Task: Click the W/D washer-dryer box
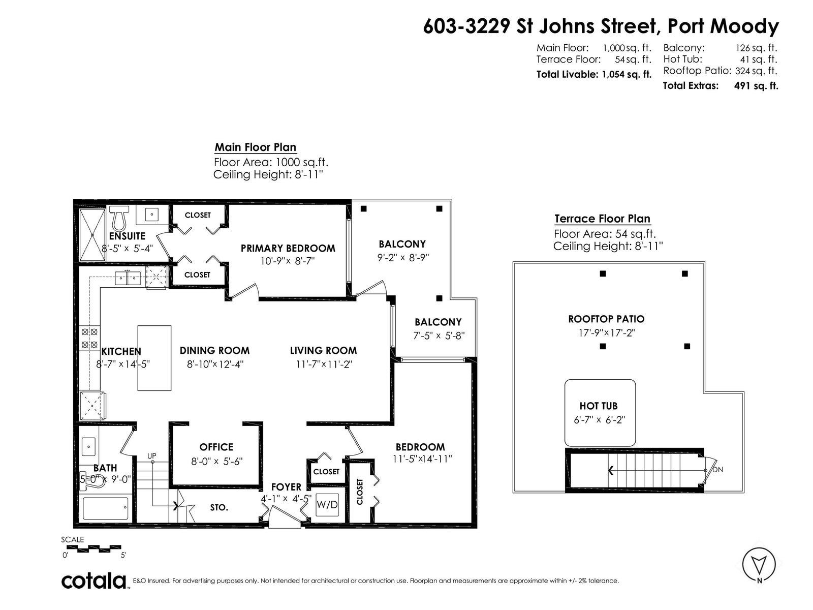(x=327, y=504)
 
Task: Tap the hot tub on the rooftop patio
(x=600, y=413)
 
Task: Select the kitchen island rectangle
(x=154, y=358)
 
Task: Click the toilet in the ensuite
(x=119, y=218)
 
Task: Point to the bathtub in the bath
(x=106, y=508)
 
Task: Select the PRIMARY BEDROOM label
(x=288, y=248)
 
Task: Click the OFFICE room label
(x=216, y=447)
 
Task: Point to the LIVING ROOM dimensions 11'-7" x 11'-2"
(x=324, y=364)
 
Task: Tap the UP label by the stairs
(x=152, y=456)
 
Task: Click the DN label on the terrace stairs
(x=717, y=470)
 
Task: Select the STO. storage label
(x=219, y=507)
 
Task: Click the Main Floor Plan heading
(x=256, y=147)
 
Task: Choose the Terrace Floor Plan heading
(x=602, y=219)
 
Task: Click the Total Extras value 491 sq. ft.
(x=756, y=86)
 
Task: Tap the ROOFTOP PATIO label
(x=606, y=319)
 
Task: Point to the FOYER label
(x=286, y=486)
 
